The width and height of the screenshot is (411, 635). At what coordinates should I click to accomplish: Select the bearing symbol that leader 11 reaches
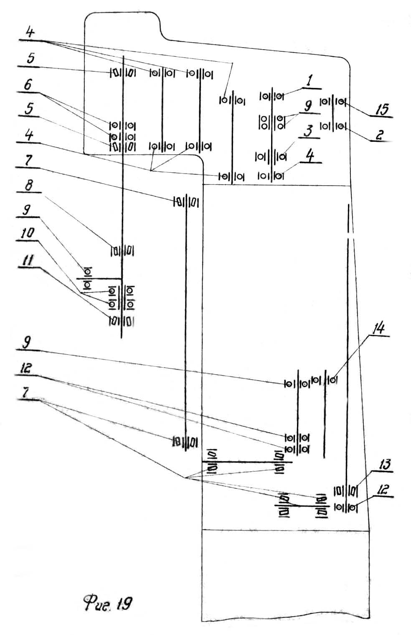[x=114, y=321]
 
